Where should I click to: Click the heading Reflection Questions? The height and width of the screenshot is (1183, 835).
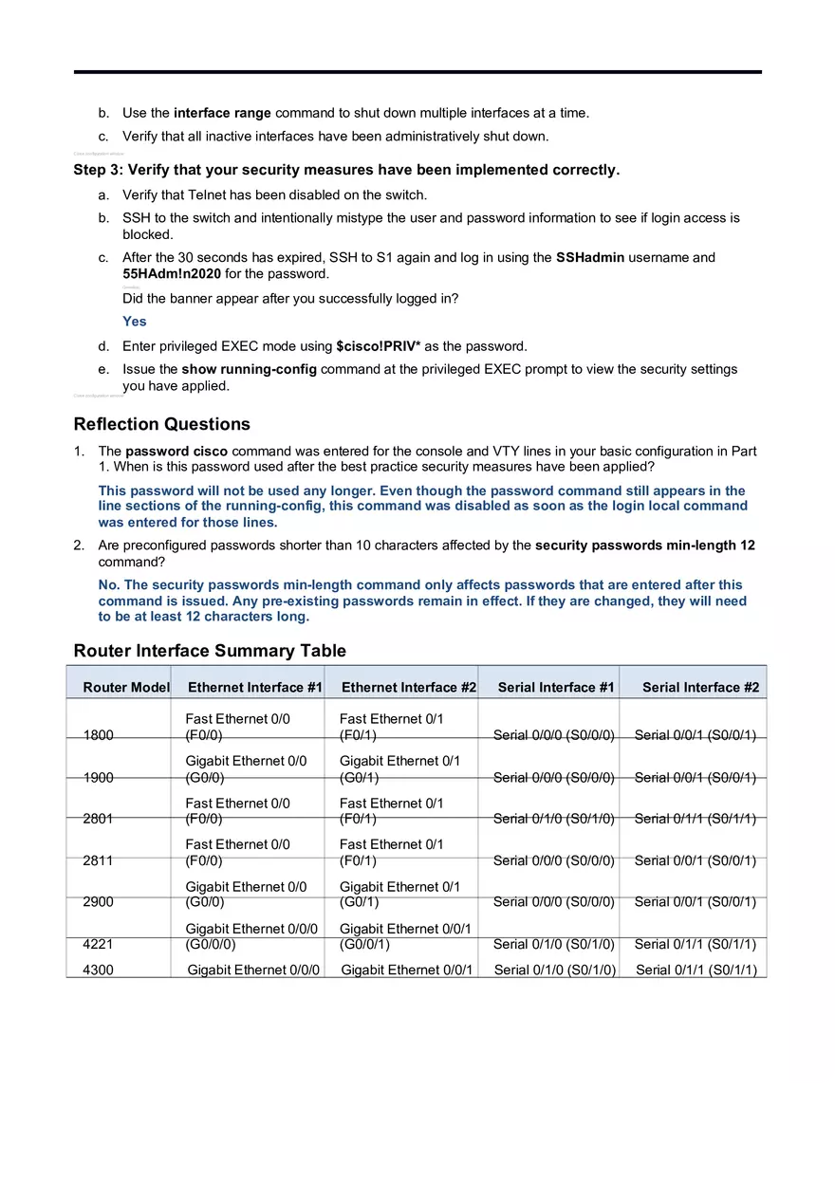click(x=161, y=424)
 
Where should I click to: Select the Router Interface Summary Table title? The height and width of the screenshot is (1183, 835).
click(x=210, y=651)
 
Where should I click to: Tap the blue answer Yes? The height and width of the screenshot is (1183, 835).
click(x=135, y=322)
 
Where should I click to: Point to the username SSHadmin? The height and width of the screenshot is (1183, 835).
click(x=589, y=257)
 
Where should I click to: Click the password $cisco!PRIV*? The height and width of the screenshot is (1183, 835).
click(x=378, y=346)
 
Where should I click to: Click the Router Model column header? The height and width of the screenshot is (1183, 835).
click(x=125, y=687)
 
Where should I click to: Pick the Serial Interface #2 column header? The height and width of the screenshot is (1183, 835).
click(x=700, y=687)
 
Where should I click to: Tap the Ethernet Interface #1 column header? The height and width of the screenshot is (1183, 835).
click(x=255, y=687)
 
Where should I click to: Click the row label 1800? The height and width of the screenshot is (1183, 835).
click(x=99, y=735)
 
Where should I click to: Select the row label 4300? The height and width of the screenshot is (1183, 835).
click(x=99, y=970)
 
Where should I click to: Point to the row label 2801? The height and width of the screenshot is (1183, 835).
click(x=99, y=819)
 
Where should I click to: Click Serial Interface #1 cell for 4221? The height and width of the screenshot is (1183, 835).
click(x=554, y=945)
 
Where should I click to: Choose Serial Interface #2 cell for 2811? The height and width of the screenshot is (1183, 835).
click(x=695, y=861)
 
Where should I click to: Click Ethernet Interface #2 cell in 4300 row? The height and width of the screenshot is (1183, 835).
click(x=407, y=970)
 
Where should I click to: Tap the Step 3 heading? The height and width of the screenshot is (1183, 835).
click(x=346, y=171)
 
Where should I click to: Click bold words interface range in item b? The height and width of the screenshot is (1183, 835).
click(x=222, y=113)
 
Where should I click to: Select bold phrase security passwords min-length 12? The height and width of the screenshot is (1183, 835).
click(x=644, y=545)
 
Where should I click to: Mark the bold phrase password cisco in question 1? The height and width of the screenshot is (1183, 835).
click(x=176, y=452)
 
